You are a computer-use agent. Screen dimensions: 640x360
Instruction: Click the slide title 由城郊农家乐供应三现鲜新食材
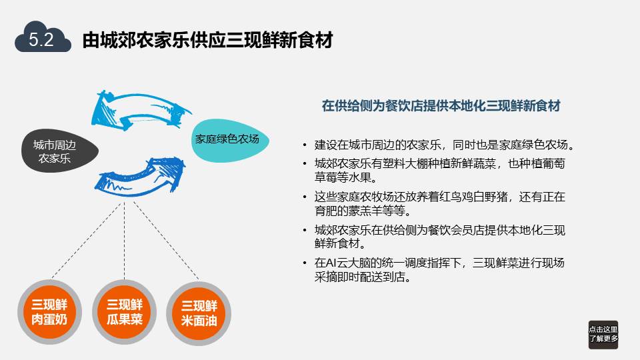207,40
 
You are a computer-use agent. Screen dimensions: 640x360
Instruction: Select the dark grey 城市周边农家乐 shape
59,151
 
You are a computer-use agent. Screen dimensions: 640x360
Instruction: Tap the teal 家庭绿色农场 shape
229,140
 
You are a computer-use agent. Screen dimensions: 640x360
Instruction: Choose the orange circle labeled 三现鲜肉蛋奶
49,312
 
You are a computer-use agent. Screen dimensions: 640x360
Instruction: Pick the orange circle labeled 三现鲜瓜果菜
125,312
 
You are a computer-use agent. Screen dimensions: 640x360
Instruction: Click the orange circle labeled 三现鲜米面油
199,313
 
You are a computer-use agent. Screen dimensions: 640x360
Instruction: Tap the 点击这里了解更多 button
603,334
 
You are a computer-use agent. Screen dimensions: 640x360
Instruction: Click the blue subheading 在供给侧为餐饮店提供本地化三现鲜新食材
441,106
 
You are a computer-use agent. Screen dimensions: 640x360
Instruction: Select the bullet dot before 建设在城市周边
305,145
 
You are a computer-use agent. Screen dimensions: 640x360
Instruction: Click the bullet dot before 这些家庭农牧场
305,197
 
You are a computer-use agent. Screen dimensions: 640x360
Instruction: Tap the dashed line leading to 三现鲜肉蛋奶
87,241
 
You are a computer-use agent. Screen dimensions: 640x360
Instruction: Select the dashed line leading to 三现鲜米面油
167,241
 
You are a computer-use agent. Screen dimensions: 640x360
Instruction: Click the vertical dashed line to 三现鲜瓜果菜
125,241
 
